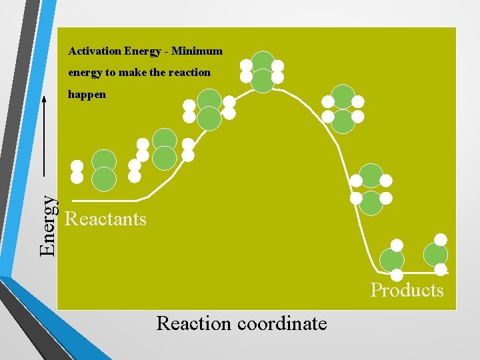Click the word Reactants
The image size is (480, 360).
[x=105, y=219]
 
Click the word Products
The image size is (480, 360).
[x=407, y=290]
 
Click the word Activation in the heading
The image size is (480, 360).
[x=94, y=51]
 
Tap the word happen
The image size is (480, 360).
[x=87, y=95]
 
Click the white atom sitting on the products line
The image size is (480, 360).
[x=397, y=274]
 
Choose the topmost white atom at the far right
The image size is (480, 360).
[x=441, y=239]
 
